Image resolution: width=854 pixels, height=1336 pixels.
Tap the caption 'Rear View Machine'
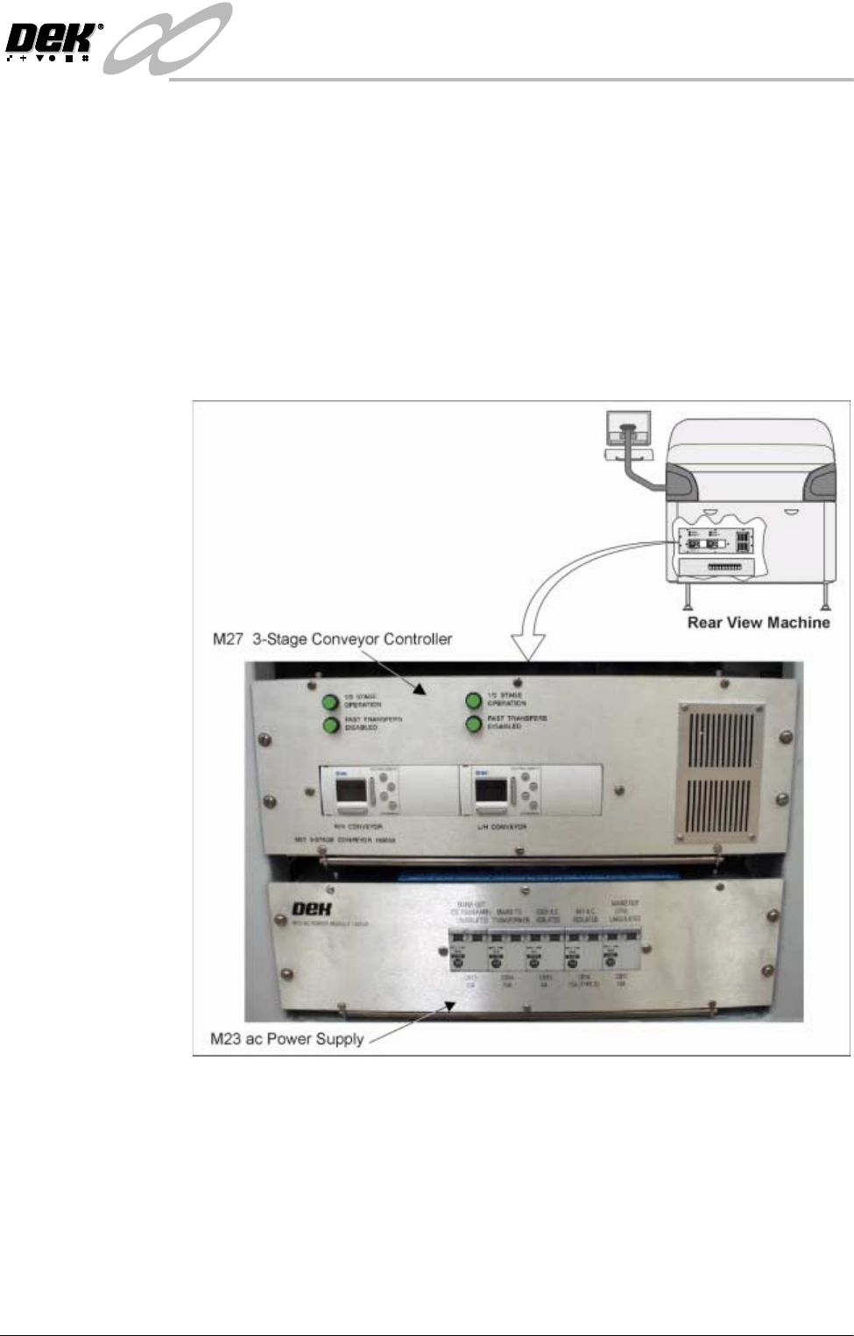[758, 623]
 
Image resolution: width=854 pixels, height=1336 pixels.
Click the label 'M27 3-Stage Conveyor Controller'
[333, 639]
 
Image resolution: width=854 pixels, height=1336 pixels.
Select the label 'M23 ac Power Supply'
[287, 1039]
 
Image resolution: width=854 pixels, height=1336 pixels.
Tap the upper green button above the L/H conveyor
[474, 701]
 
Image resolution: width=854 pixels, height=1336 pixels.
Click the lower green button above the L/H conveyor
[474, 725]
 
